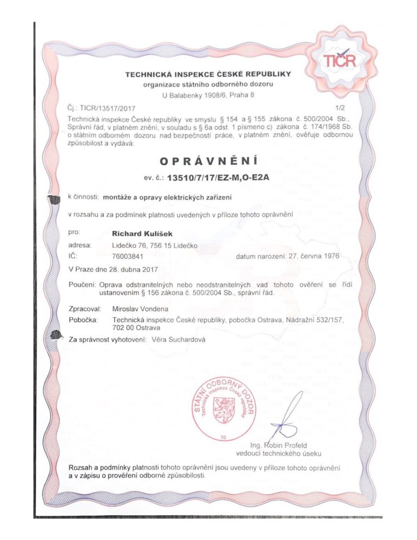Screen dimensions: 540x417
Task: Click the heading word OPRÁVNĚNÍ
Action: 208,160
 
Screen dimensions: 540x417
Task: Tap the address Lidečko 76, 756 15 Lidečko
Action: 154,245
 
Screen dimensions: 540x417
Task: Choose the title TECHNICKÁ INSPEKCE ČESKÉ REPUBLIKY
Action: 208,73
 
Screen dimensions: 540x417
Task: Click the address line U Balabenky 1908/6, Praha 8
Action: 208,95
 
